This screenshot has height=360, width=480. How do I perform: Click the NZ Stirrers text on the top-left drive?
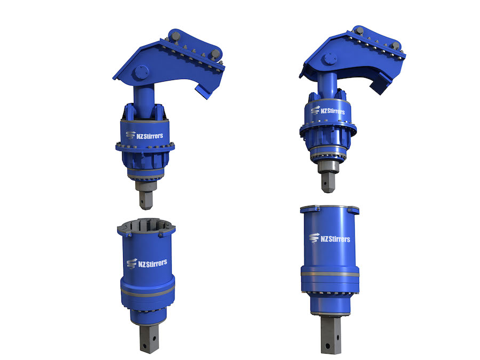tap(150, 135)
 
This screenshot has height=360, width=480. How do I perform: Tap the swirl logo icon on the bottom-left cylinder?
tap(132, 263)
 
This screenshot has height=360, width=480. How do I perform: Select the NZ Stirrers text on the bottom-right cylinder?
tap(335, 239)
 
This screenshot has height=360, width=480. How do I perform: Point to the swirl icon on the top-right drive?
tap(315, 110)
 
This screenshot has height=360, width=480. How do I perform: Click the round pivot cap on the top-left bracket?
tap(141, 73)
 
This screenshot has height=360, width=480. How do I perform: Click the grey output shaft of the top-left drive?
tap(146, 195)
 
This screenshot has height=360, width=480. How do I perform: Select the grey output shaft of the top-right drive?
tap(328, 177)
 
